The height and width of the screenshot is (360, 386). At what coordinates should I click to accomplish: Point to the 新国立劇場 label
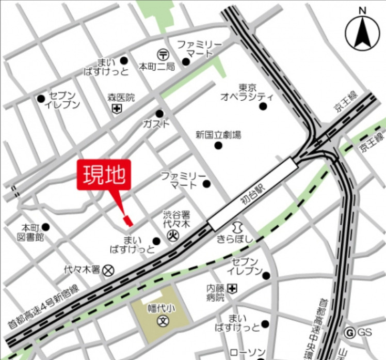point(218,135)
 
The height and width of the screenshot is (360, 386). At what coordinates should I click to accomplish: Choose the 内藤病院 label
point(216,292)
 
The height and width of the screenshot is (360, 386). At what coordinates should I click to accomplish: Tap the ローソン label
point(247,353)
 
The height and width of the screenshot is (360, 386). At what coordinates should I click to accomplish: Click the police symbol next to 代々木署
point(108,270)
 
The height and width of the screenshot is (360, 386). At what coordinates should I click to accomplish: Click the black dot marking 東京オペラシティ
point(263,106)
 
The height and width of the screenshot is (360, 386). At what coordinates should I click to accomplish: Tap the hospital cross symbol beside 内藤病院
point(233,288)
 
